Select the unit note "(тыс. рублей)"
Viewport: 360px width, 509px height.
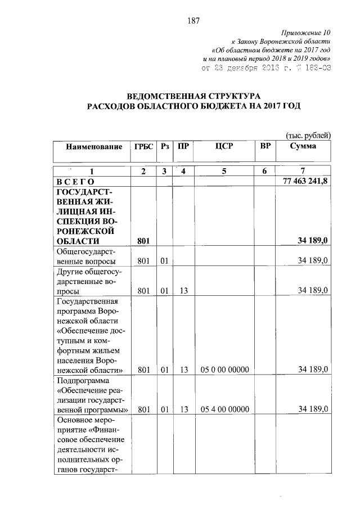pyautogui.click(x=308, y=135)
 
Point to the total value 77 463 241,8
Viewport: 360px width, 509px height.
pyautogui.click(x=304, y=182)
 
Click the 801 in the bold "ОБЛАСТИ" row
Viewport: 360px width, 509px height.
pyautogui.click(x=143, y=241)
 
